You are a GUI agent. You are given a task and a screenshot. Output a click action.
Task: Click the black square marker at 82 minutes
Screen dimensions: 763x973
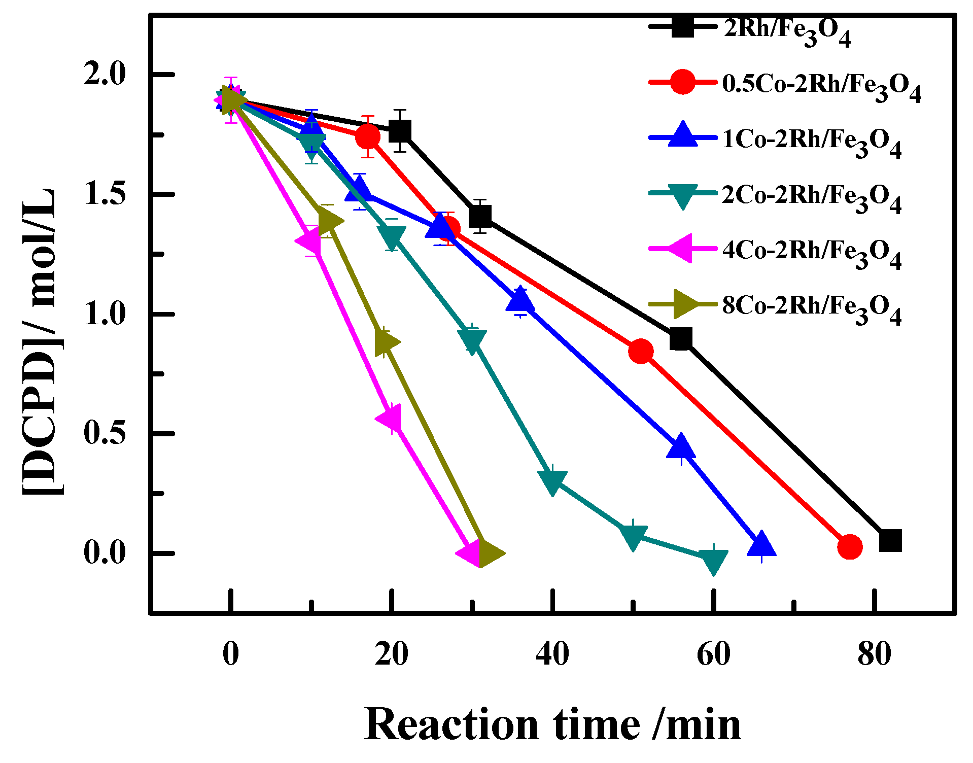(890, 541)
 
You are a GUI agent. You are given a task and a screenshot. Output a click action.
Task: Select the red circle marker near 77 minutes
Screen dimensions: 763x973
(850, 547)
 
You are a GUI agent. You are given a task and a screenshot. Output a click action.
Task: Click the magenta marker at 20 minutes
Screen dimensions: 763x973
(389, 419)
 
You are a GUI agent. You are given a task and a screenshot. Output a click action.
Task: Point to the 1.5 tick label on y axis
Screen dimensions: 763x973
(104, 194)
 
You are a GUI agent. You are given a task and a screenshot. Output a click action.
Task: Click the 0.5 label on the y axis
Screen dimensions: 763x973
(104, 433)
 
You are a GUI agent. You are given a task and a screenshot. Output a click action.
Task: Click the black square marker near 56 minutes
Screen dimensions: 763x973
(681, 338)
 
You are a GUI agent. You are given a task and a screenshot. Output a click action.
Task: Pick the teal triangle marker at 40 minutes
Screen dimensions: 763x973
(552, 481)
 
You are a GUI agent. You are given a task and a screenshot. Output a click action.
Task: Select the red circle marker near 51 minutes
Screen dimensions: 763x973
(641, 351)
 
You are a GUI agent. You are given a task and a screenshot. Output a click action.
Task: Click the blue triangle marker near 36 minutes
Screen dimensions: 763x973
(520, 300)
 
